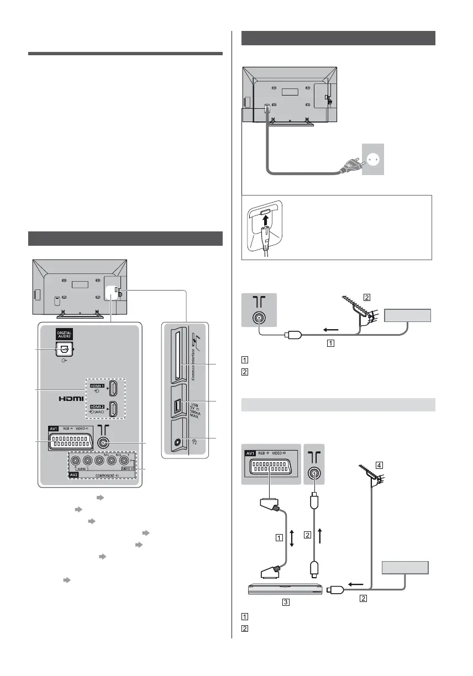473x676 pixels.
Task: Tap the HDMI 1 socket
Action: [113, 389]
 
